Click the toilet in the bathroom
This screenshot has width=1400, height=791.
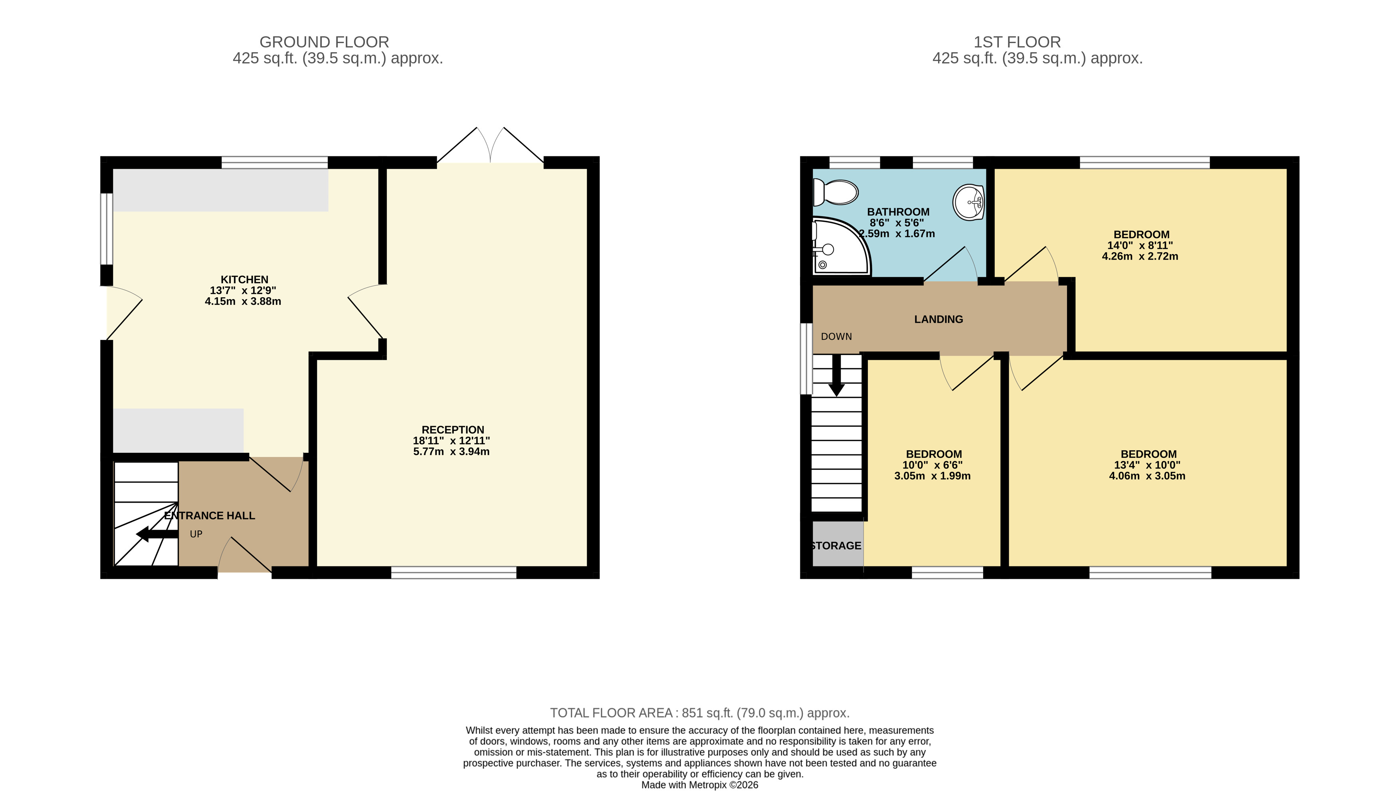[835, 192]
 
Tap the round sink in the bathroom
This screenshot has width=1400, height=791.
[969, 202]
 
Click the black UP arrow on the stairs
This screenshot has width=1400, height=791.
[157, 534]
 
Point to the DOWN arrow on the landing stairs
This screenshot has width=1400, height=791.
[836, 375]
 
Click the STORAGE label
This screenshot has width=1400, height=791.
[836, 545]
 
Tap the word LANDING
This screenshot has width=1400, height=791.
[939, 320]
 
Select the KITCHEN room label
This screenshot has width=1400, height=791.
[244, 280]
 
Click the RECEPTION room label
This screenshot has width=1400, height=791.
[453, 430]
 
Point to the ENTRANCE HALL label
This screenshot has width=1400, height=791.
[209, 515]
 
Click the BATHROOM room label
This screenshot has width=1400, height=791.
[898, 212]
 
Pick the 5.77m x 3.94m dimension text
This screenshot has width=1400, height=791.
[451, 452]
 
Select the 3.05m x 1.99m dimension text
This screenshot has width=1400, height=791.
[933, 476]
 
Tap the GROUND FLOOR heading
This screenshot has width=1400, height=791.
[324, 42]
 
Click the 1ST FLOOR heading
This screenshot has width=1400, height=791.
[1017, 42]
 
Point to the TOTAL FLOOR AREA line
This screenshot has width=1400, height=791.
[700, 713]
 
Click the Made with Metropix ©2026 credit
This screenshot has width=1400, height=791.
[700, 785]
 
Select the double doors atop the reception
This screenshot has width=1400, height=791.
[490, 145]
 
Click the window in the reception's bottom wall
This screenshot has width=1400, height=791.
[453, 572]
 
